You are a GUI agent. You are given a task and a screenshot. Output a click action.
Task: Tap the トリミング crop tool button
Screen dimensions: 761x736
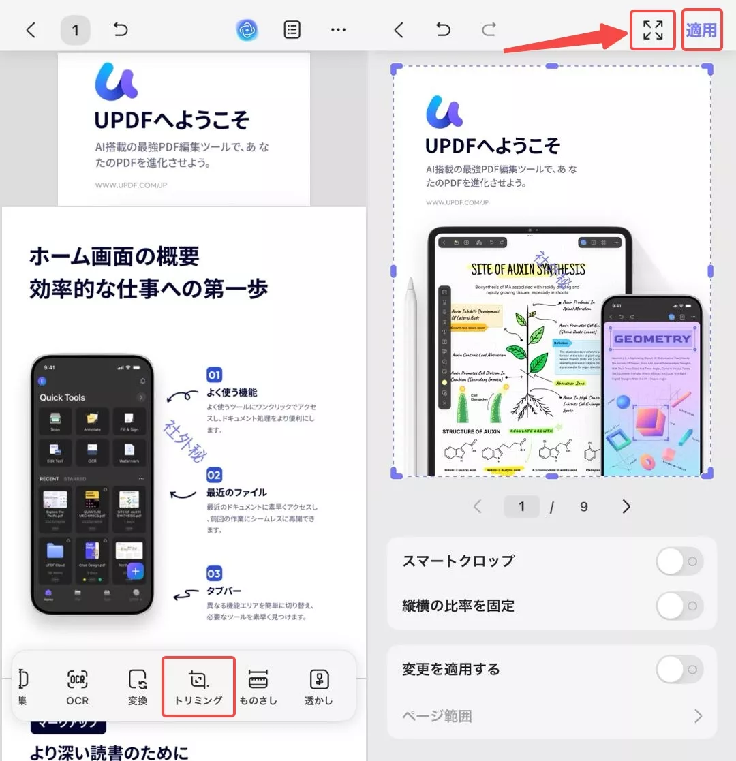(198, 686)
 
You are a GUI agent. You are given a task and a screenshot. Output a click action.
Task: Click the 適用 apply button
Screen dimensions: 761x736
(701, 30)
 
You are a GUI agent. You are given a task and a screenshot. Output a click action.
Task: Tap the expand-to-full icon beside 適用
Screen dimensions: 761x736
(652, 30)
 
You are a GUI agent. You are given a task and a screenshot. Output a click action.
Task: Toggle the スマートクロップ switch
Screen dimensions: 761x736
(679, 561)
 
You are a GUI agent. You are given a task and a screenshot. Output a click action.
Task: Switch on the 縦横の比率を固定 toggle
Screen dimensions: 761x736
(679, 606)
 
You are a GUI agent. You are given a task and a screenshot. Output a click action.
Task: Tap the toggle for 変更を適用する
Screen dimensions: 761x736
(679, 669)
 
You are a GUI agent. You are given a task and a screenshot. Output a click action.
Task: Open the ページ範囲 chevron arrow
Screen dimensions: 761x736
(698, 716)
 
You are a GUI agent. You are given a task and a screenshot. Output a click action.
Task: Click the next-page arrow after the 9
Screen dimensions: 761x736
(626, 506)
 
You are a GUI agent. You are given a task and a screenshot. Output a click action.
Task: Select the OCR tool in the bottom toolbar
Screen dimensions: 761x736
(78, 686)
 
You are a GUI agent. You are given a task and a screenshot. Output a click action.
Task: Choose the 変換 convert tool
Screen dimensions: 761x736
(138, 686)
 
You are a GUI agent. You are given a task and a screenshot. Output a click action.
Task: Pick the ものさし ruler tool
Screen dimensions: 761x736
(258, 686)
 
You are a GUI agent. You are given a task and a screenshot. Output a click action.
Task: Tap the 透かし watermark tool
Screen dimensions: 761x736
(319, 686)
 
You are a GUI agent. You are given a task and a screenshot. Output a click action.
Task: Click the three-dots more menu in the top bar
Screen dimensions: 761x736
(338, 30)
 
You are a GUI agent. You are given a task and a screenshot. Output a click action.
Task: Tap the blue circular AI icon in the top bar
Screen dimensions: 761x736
(247, 30)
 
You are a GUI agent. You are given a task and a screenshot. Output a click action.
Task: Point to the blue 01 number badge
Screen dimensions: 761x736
(215, 375)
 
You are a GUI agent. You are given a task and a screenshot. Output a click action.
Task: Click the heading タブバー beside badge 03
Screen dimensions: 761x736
(224, 591)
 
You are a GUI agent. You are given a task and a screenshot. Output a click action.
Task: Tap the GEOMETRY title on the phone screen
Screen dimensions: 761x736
(652, 339)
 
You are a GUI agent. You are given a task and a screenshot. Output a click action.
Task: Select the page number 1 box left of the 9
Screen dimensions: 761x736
(522, 506)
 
